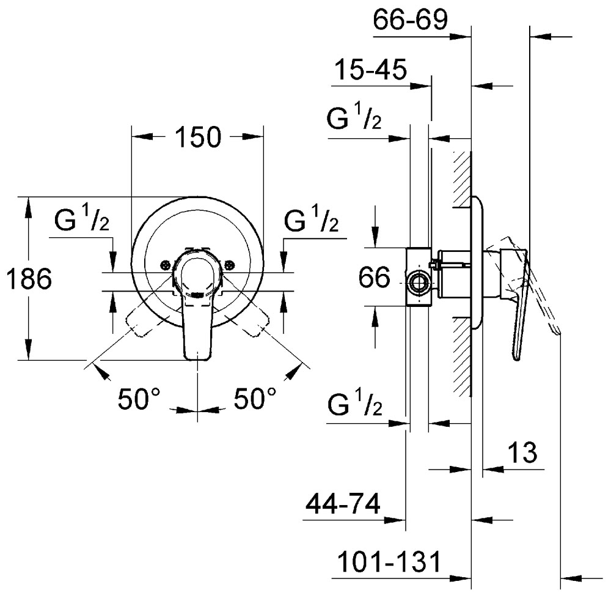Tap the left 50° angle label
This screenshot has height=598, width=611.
click(139, 400)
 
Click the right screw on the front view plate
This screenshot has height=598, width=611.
click(229, 265)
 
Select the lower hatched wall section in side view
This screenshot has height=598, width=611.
click(463, 355)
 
